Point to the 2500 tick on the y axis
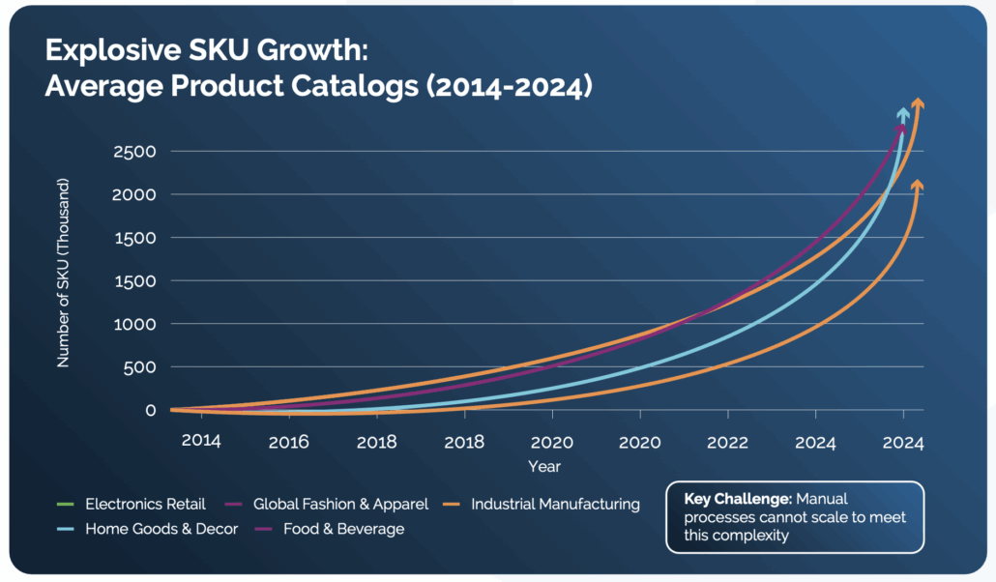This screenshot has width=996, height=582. click(138, 152)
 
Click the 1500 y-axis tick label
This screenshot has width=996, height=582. click(138, 238)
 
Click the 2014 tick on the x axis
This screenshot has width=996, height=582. click(201, 442)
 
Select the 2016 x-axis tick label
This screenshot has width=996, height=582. click(288, 442)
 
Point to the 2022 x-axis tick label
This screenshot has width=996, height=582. click(727, 442)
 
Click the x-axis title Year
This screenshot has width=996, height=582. click(543, 466)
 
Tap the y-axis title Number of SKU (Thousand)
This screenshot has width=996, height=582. click(64, 273)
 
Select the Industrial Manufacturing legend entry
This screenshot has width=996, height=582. click(555, 504)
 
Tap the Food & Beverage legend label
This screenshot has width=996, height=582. click(342, 529)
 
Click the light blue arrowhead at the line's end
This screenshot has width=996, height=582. click(903, 115)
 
